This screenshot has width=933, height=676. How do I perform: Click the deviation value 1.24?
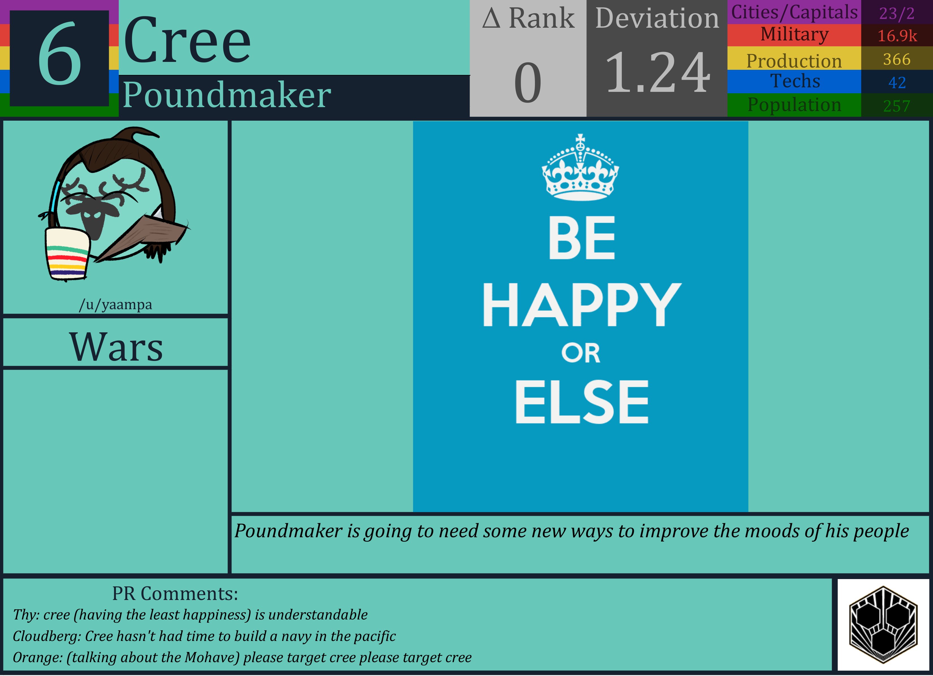[x=657, y=73]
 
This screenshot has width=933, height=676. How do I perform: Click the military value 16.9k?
[x=897, y=36]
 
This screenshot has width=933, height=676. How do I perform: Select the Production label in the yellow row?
[x=794, y=61]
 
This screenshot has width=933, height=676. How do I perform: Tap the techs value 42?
[x=897, y=83]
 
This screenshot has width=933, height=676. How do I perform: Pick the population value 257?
[x=897, y=106]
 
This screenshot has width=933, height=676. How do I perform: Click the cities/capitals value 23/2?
[x=897, y=14]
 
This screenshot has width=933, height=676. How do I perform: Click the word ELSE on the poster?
[x=581, y=402]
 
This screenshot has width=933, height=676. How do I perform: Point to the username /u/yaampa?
[x=116, y=305]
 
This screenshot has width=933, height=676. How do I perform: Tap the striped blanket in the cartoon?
[x=67, y=254]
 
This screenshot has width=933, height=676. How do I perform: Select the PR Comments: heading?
[x=175, y=594]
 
